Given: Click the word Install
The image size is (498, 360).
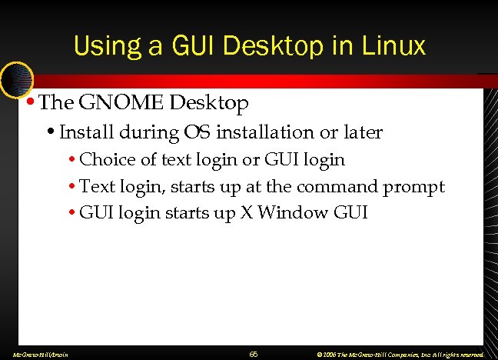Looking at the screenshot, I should pos(84,132).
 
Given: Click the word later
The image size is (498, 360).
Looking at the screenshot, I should pos(360,132).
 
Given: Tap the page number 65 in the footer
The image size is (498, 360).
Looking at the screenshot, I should pos(253,355).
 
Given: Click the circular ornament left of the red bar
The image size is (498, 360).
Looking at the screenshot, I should pos(16,78).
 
